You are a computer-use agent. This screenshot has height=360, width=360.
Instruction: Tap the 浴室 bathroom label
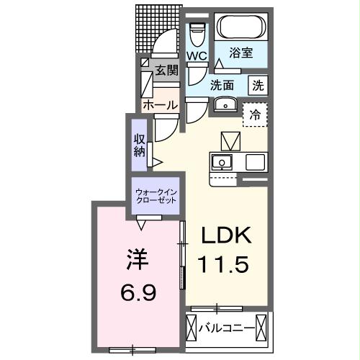coord(240,53)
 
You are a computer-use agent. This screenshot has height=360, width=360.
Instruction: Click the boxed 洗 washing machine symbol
coord(258,84)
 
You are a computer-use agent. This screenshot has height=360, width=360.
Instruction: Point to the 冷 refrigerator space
coord(255,114)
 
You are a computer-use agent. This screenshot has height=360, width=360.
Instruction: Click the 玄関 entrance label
coord(166,72)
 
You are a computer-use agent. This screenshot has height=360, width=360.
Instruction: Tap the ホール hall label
coord(160,105)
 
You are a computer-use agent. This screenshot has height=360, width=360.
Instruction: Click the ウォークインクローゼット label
coord(157,196)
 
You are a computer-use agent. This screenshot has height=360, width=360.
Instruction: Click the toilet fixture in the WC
coord(197,32)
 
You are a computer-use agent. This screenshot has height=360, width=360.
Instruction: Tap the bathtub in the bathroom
coord(241,28)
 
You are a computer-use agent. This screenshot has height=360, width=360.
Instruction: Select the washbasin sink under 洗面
coord(225,104)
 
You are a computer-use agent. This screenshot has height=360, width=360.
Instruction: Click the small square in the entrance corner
coord(145,63)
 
